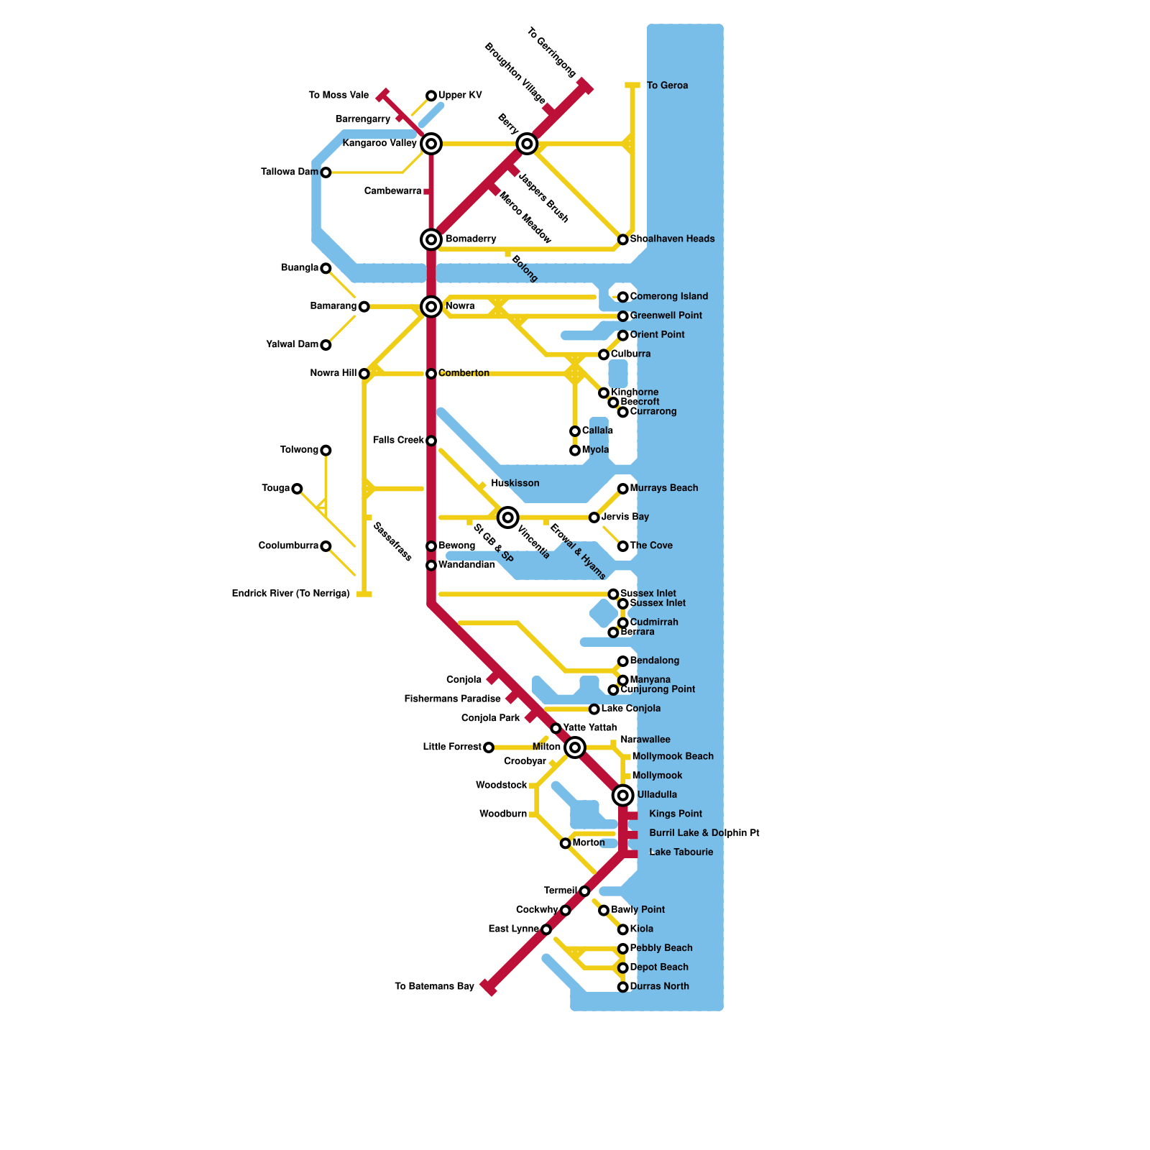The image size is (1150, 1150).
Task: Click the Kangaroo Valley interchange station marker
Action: [x=431, y=144]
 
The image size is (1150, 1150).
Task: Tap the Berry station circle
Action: [x=527, y=144]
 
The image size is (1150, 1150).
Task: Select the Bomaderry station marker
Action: [x=431, y=239]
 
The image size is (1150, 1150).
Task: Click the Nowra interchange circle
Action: [x=431, y=307]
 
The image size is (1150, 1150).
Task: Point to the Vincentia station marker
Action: [x=508, y=517]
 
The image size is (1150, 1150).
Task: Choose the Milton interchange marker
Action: [x=575, y=747]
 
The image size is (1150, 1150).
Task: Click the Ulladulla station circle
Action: [x=623, y=795]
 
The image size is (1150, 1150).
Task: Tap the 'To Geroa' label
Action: [x=667, y=86]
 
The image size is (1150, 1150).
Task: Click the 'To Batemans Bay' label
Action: [x=434, y=986]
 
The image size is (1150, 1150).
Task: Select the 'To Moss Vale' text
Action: [x=339, y=95]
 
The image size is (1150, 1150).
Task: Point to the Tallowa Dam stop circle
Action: [x=326, y=172]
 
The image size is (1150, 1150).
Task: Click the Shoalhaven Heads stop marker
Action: [x=623, y=239]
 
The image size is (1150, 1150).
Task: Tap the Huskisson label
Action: [x=515, y=483]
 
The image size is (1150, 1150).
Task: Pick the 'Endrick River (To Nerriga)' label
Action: [x=290, y=594]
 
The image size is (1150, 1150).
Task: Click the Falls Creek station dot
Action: [x=431, y=441]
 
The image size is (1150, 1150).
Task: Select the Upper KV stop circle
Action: [x=431, y=96]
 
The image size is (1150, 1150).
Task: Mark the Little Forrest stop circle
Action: [x=489, y=747]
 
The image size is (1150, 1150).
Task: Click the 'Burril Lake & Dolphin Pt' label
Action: [x=704, y=833]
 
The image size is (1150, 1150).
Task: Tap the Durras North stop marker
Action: [x=623, y=987]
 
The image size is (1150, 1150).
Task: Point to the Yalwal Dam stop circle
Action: [x=326, y=345]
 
